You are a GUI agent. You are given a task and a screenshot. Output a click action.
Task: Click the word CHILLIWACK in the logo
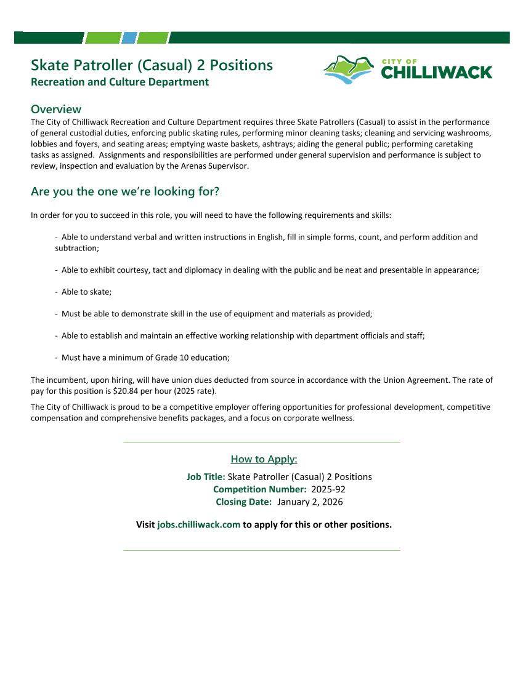pyautogui.click(x=436, y=73)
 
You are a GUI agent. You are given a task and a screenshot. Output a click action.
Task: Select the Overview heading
pyautogui.click(x=56, y=109)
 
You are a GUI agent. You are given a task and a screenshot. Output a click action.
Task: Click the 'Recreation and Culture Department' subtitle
pyautogui.click(x=120, y=82)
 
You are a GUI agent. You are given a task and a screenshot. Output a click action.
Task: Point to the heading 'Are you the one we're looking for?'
pyautogui.click(x=125, y=191)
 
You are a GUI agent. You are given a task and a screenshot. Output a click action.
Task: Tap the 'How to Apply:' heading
pyautogui.click(x=264, y=459)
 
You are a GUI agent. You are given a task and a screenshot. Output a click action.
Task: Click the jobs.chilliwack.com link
pyautogui.click(x=198, y=525)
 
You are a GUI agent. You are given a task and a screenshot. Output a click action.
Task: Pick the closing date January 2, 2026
pyautogui.click(x=310, y=502)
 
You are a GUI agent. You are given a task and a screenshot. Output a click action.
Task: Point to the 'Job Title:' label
pyautogui.click(x=206, y=477)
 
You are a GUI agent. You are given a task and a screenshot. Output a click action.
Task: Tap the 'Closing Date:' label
pyautogui.click(x=243, y=502)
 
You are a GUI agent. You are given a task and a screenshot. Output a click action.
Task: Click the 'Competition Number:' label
pyautogui.click(x=259, y=489)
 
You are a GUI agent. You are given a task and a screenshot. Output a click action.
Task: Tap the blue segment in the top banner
pyautogui.click(x=128, y=38)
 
